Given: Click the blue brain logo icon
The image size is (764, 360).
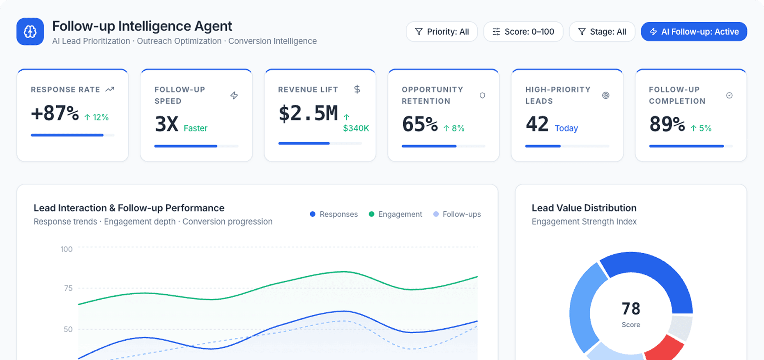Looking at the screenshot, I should (30, 32).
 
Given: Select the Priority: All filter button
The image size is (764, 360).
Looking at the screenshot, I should (442, 32).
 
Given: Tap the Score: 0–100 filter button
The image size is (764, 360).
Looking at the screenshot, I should (523, 32).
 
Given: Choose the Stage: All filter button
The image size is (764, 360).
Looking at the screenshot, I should (602, 32).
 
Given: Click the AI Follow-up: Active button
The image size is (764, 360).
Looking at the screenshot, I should (694, 32).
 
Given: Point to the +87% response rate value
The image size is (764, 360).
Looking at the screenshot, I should (55, 113).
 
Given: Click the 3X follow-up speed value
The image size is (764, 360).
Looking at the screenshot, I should (166, 124).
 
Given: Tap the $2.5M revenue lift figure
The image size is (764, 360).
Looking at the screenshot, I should (308, 113).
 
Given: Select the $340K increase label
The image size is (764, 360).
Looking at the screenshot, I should (356, 128).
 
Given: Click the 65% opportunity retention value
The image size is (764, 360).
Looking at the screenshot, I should (420, 124).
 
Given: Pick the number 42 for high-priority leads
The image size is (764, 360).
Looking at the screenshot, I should (537, 124).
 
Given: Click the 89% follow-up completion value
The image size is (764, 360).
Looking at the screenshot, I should (667, 124).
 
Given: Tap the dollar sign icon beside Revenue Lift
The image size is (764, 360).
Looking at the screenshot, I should (357, 89).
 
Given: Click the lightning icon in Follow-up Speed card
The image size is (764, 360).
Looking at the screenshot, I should (234, 95).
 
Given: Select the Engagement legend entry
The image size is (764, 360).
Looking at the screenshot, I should (395, 214).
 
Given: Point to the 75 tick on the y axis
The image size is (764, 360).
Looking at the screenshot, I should (68, 288).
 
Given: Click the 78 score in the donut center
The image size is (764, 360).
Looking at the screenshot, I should (631, 309).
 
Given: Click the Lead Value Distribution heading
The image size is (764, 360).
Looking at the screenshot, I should (584, 208).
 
